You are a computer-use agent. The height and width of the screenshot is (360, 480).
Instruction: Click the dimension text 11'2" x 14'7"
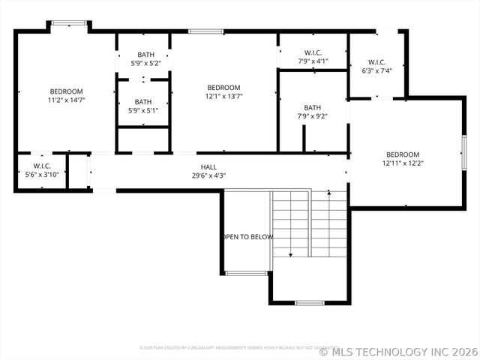(67, 100)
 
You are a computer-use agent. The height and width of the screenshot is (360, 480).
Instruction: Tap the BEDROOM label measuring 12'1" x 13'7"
(223, 96)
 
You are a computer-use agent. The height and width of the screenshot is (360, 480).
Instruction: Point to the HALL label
(208, 166)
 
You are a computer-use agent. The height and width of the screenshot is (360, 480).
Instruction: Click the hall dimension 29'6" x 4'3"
(208, 175)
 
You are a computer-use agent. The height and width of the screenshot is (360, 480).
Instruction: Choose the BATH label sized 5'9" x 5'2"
(146, 55)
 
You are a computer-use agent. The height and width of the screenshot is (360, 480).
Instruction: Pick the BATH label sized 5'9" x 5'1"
(143, 102)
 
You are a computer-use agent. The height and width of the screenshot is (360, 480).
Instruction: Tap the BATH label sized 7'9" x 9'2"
(313, 107)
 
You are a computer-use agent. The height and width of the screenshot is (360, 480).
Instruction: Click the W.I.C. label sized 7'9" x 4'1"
(313, 52)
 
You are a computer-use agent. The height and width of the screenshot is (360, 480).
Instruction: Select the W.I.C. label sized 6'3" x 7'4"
(377, 61)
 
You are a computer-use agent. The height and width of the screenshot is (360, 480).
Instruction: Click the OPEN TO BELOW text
(247, 237)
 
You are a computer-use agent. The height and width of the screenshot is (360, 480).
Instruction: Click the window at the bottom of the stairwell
(309, 303)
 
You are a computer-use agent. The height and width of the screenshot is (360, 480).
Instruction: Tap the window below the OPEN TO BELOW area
(246, 273)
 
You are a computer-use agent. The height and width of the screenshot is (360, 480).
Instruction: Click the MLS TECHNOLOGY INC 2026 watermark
(398, 351)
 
